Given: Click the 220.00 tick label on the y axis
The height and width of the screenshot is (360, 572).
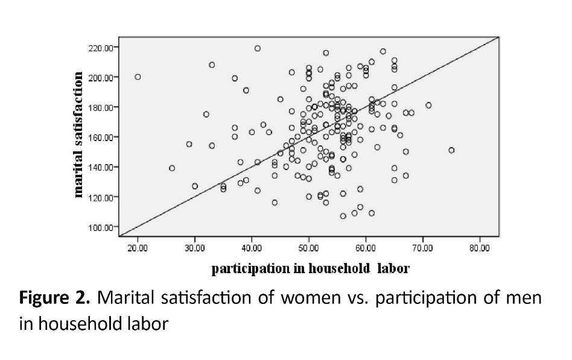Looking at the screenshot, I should tap(101, 47).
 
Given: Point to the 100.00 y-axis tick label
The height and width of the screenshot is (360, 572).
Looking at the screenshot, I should tap(101, 227).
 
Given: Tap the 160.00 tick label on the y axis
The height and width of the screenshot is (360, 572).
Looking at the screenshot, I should tap(101, 137).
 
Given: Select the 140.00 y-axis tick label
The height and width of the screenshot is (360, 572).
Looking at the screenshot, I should tap(101, 167).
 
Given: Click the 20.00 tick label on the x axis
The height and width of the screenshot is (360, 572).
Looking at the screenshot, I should tap(138, 247).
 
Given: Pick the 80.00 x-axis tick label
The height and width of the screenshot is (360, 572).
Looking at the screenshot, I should tap(480, 247).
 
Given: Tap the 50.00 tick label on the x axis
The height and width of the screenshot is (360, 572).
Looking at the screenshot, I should tap(309, 247).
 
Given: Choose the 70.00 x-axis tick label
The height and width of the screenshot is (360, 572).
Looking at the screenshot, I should tap(423, 247).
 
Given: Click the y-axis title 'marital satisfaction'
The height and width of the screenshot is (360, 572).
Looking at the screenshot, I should tap(78, 135).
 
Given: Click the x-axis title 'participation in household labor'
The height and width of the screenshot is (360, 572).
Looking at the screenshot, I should tap(310, 269).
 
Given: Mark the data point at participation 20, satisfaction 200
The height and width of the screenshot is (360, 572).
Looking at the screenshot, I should tap(138, 77).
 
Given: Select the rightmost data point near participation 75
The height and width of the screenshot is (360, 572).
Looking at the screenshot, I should tap(451, 150).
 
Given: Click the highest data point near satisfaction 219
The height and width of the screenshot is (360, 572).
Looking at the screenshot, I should tap(258, 48).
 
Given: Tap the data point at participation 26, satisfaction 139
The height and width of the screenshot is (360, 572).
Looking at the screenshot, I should tap(172, 168).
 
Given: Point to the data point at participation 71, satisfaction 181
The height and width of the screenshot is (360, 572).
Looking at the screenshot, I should tap(428, 105).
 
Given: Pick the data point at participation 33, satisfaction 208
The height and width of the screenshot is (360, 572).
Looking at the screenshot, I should tap(212, 65).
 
